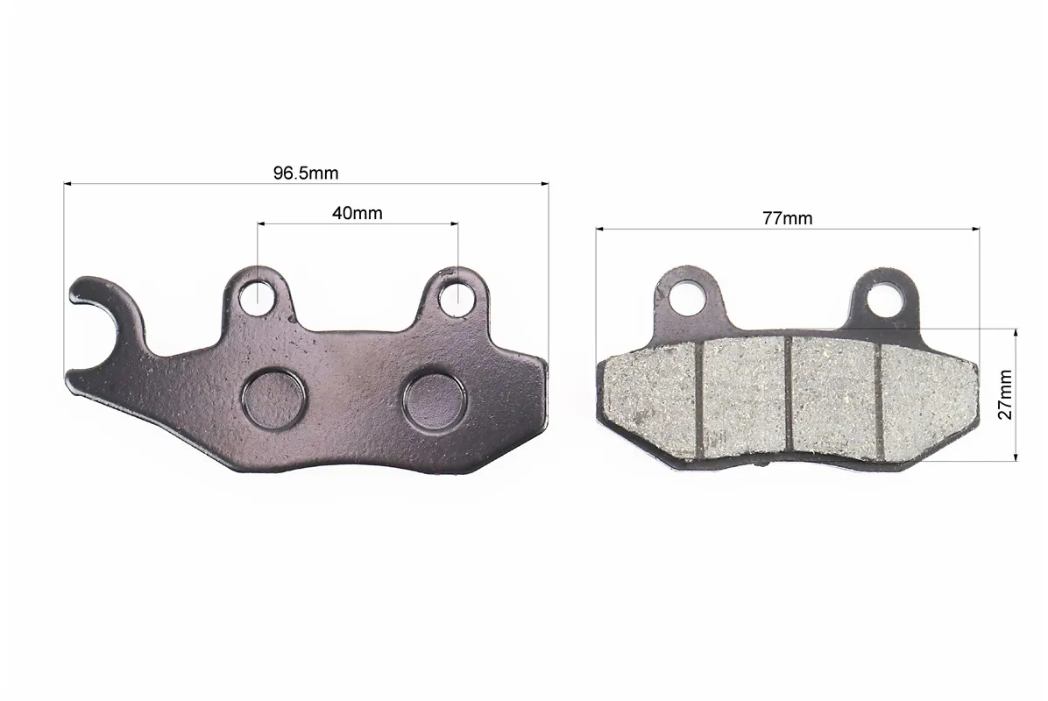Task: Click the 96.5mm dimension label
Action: [x=306, y=173]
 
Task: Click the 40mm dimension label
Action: [x=357, y=213]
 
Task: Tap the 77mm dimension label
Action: [x=788, y=218]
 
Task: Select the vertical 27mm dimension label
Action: [x=1004, y=394]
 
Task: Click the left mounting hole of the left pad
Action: [x=256, y=297]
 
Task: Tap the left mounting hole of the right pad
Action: [x=685, y=296]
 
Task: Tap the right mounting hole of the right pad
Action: [x=884, y=296]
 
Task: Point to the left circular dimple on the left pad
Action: [x=274, y=400]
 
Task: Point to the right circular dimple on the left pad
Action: [x=434, y=400]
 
